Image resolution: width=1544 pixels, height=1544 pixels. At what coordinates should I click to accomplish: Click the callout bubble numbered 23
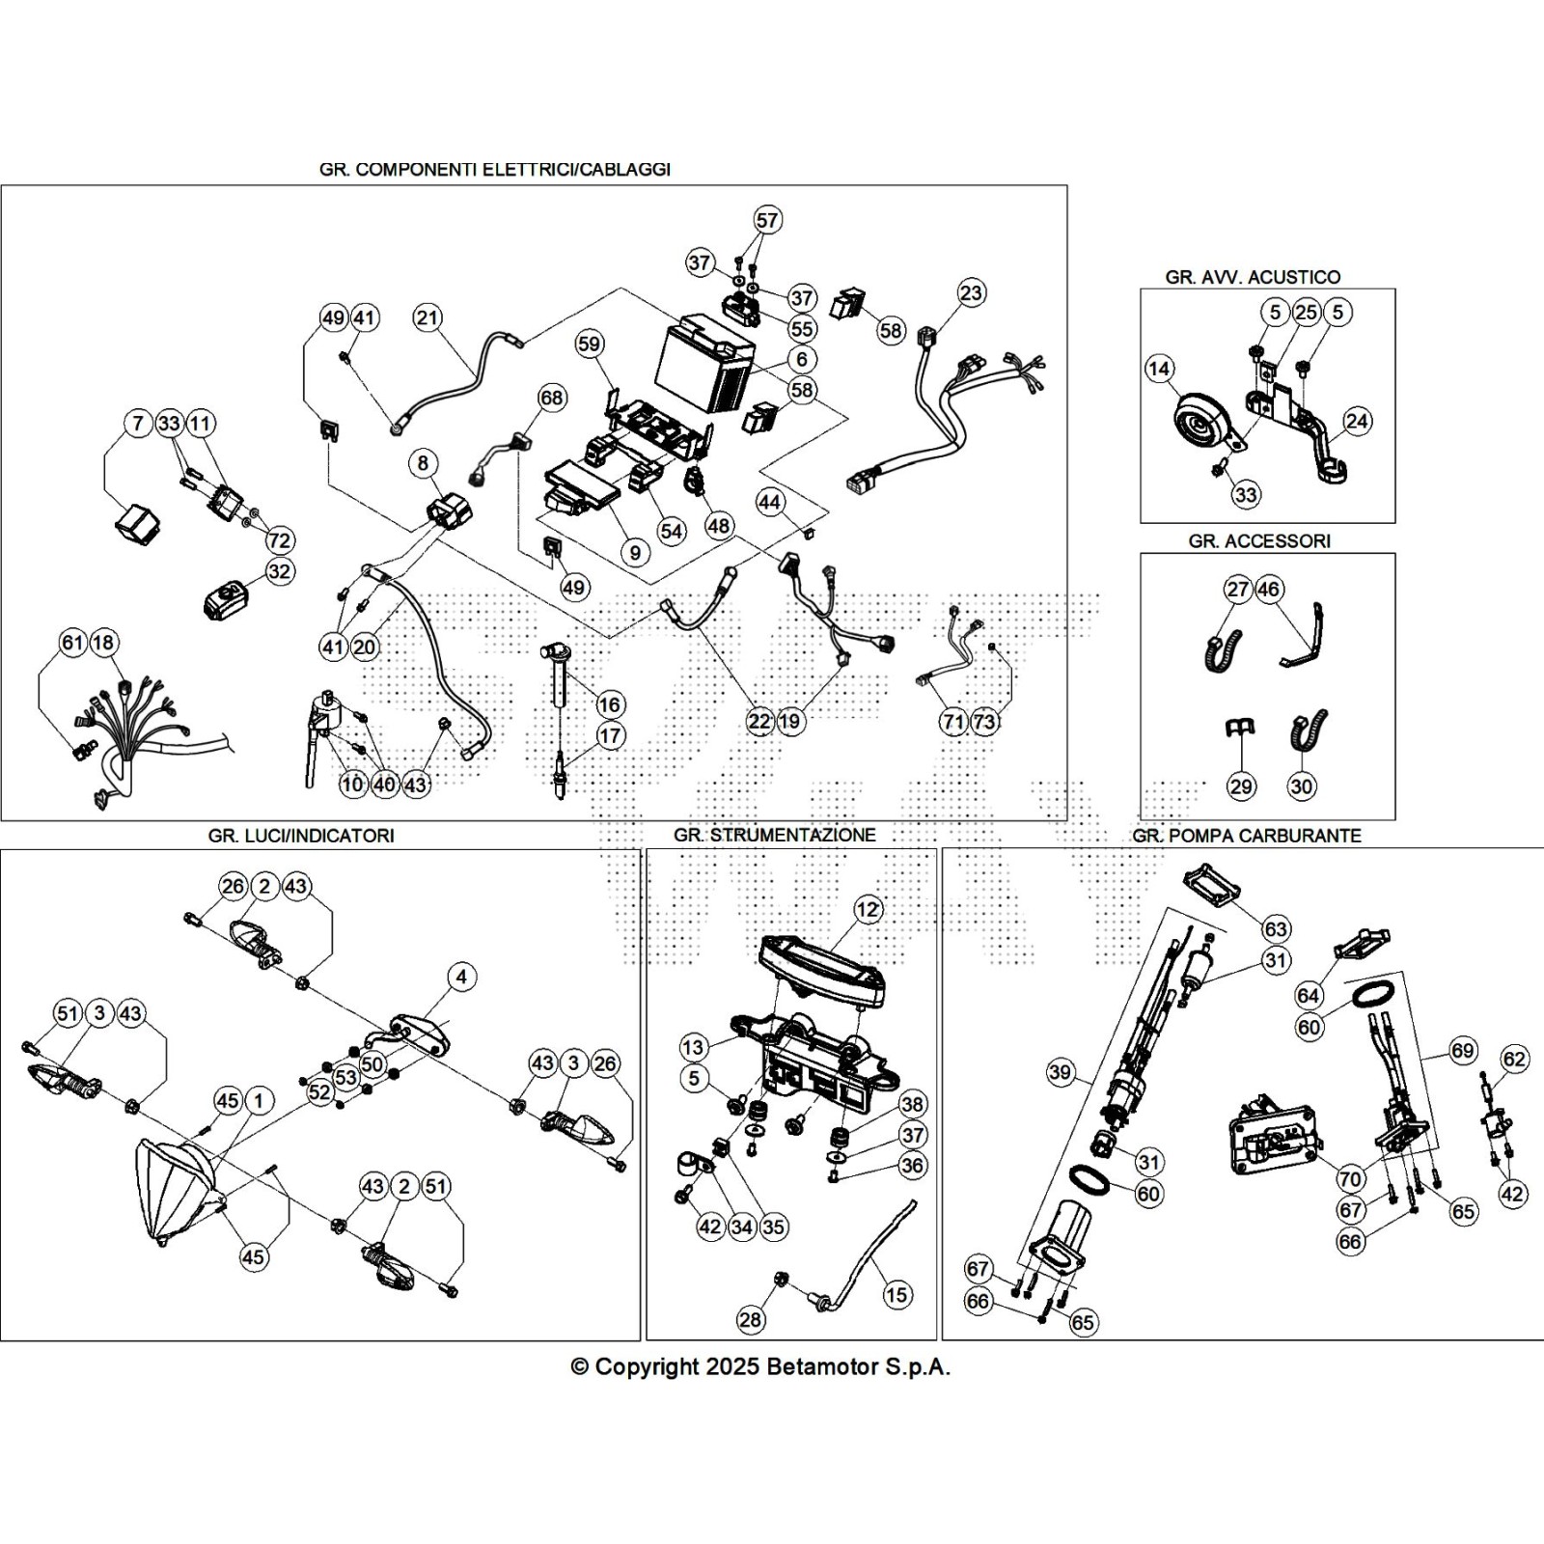[971, 292]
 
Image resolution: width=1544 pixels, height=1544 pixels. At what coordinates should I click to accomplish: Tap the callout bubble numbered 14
[1159, 369]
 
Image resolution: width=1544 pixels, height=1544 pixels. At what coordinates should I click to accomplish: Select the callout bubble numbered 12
[868, 909]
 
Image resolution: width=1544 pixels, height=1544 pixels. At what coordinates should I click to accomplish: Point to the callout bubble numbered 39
[1061, 1073]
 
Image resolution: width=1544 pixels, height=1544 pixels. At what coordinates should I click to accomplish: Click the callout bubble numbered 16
[609, 703]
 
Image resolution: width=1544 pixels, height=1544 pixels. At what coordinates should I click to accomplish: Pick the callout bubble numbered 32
[279, 571]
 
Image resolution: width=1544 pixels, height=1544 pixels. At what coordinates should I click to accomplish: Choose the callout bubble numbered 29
[1241, 786]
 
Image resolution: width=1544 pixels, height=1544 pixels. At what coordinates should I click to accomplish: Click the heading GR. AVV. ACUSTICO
[1253, 277]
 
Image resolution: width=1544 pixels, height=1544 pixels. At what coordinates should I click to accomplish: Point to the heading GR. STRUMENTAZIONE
[775, 835]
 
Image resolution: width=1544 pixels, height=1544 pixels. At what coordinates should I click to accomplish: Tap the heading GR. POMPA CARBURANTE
[1247, 836]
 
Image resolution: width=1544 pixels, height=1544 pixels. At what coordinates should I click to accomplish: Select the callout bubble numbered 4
[461, 978]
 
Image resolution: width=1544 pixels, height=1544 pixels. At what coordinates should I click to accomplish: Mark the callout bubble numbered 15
[897, 1294]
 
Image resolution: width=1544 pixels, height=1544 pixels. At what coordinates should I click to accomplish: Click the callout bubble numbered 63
[1276, 928]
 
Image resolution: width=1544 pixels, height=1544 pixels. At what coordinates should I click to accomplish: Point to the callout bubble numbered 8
[423, 463]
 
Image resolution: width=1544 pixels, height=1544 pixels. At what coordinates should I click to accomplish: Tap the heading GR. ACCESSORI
[1259, 541]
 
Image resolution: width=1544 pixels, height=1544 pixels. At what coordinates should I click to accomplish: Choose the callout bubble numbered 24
[1357, 421]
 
